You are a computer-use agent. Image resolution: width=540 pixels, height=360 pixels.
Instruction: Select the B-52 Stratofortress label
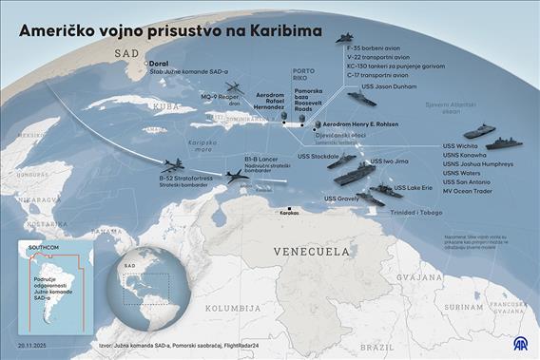(185, 177)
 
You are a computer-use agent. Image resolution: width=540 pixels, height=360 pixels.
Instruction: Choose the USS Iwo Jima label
(389, 162)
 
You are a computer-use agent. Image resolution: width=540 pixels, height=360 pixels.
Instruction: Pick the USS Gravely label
(341, 199)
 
